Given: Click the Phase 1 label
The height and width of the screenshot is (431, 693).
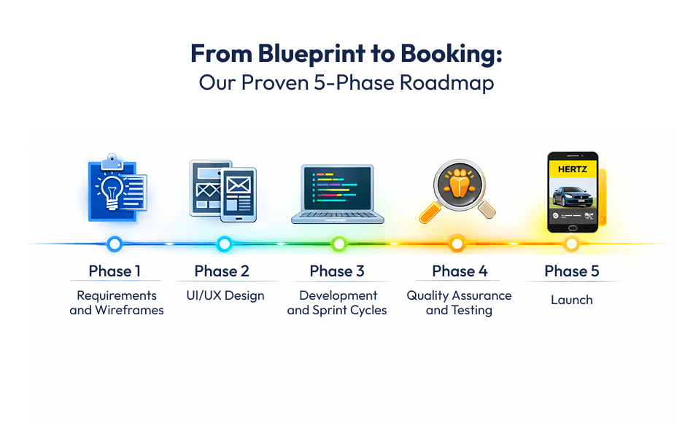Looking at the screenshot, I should (115, 271).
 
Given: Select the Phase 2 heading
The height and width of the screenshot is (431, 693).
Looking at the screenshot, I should (222, 271).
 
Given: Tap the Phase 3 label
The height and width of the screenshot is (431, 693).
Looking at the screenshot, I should (337, 271).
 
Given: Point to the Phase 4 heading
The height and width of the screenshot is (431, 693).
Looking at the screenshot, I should (460, 271).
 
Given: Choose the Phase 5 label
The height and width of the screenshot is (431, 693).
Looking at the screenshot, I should (572, 271).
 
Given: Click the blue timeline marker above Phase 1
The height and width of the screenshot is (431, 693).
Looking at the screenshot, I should (114, 244).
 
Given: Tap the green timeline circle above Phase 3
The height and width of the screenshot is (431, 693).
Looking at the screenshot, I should (338, 244).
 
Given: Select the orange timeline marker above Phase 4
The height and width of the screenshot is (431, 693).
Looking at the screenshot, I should (457, 244).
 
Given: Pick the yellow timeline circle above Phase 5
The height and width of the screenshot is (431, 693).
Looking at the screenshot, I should (572, 244).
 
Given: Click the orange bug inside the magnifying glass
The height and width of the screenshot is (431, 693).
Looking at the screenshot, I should (457, 184).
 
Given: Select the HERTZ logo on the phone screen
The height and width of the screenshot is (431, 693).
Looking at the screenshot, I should (573, 169).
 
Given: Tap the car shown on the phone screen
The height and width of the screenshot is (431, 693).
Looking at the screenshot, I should (573, 197).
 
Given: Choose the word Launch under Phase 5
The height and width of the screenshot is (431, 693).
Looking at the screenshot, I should (572, 300).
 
